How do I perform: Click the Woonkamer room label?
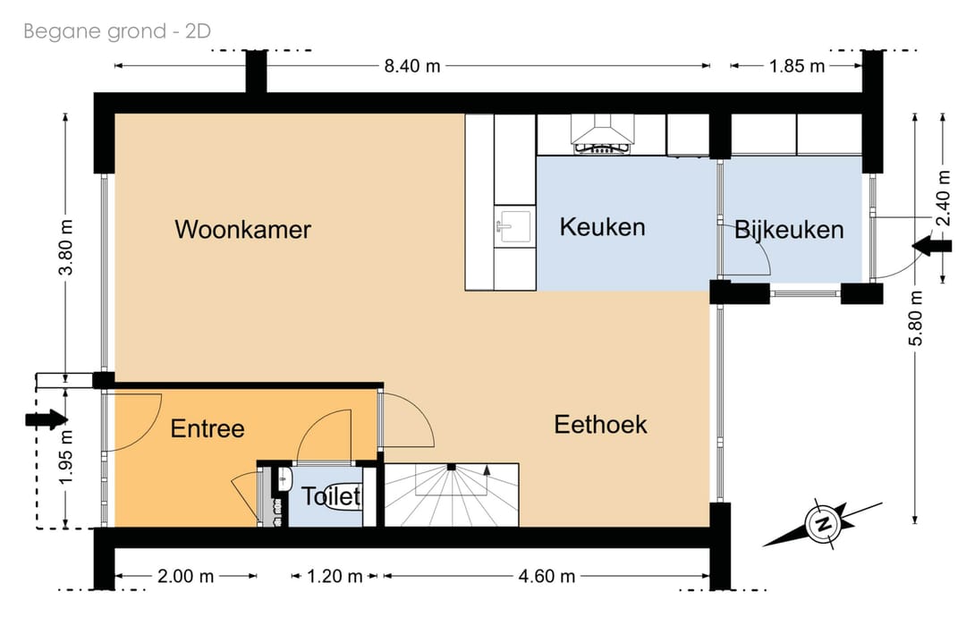[242, 229]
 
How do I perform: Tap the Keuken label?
[603, 226]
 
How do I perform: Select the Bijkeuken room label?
[789, 230]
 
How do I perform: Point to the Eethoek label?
[601, 425]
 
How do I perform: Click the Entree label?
[208, 428]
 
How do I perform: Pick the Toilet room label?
[331, 495]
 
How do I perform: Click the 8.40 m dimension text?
[412, 66]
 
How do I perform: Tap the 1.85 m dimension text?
[797, 66]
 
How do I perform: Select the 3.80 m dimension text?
[66, 247]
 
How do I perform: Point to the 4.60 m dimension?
[547, 576]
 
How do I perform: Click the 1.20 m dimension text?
[335, 576]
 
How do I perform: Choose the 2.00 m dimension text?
[185, 576]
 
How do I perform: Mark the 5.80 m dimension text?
[916, 317]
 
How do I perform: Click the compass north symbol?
[823, 524]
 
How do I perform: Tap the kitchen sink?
[513, 226]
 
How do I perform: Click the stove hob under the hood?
[602, 148]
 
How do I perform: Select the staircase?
[452, 495]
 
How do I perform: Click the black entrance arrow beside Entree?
[47, 419]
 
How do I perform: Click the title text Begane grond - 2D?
[117, 30]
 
